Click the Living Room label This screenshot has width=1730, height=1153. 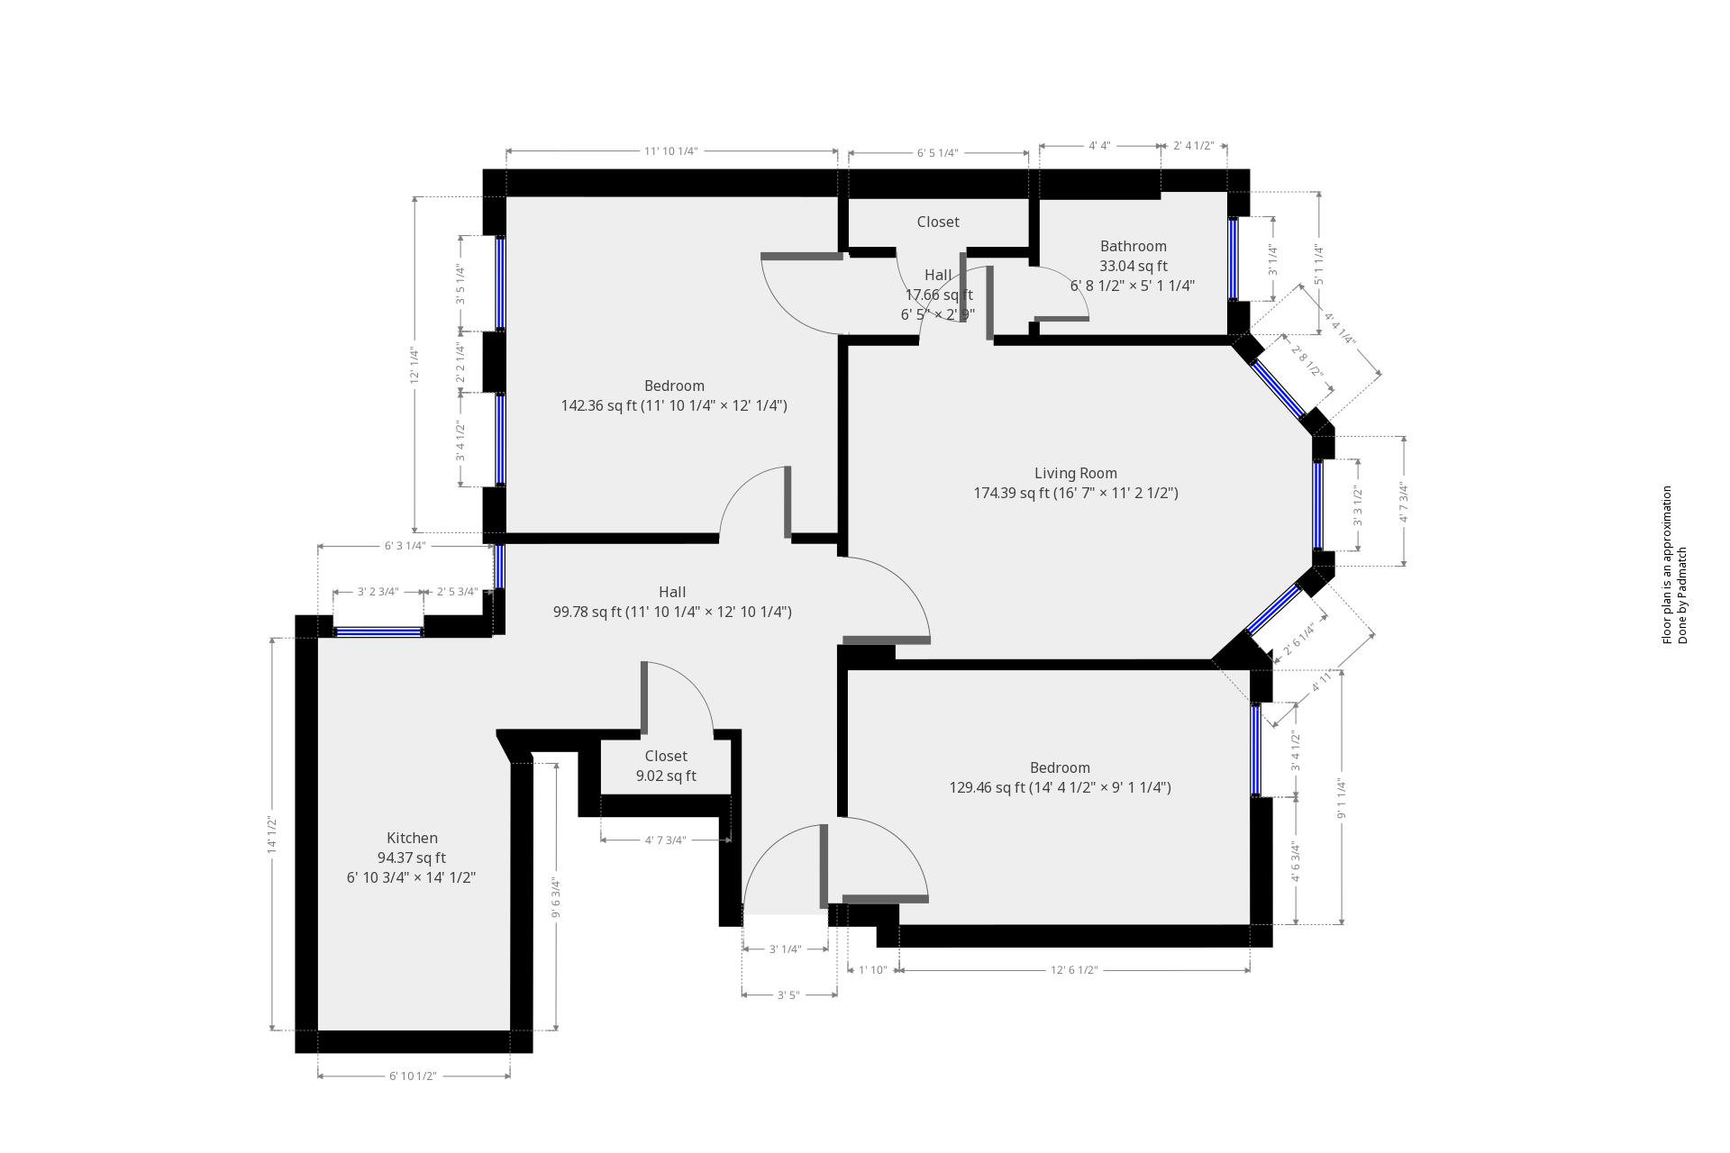click(x=1075, y=473)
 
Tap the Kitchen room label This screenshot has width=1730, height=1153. click(x=412, y=838)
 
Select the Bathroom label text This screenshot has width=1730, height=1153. click(x=1133, y=246)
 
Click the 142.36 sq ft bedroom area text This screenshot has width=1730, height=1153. click(x=673, y=405)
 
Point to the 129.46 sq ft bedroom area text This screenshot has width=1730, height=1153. click(x=1060, y=787)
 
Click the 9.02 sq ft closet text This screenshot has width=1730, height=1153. click(x=666, y=776)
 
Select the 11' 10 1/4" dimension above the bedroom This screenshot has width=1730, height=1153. click(x=670, y=151)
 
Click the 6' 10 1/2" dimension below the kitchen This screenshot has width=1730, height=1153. click(x=413, y=1076)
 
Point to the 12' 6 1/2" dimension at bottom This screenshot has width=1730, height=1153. click(x=1074, y=970)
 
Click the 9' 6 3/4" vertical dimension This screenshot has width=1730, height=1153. click(x=556, y=898)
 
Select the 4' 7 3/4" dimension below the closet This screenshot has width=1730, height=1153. click(x=665, y=840)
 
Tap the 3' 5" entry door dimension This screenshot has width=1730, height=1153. click(x=788, y=995)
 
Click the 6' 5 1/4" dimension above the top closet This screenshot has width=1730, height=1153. click(x=937, y=153)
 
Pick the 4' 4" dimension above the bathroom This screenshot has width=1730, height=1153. click(x=1099, y=146)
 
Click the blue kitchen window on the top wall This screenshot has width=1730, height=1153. click(x=378, y=632)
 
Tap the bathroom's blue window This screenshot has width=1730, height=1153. click(x=1233, y=259)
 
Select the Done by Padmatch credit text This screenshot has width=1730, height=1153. click(x=1682, y=595)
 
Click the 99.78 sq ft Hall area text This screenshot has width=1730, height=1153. click(x=672, y=612)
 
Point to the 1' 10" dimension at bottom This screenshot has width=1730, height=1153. click(x=872, y=970)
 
